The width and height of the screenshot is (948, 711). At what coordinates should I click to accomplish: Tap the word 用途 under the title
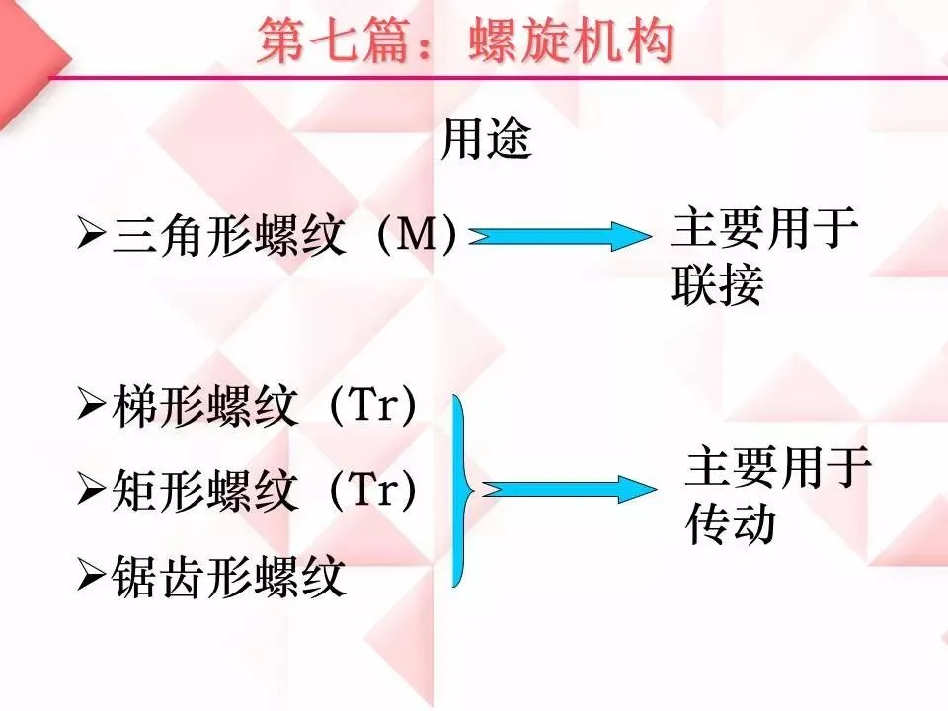point(486,140)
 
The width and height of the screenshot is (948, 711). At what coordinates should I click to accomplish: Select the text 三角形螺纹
point(229,238)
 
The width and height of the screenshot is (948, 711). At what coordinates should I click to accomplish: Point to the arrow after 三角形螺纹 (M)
point(557,237)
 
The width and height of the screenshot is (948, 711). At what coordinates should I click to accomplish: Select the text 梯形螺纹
point(204,407)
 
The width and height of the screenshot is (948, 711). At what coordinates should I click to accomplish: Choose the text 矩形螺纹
point(204,490)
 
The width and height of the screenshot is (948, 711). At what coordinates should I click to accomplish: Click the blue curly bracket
point(460,490)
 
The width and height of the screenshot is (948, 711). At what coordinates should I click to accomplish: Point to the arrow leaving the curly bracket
point(569,488)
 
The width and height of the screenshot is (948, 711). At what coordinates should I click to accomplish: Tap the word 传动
point(731,525)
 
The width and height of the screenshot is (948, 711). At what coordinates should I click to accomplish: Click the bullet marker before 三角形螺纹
point(92,238)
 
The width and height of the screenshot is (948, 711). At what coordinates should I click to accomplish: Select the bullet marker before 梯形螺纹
point(92,407)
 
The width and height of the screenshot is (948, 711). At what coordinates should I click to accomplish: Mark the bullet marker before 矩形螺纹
point(92,490)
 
